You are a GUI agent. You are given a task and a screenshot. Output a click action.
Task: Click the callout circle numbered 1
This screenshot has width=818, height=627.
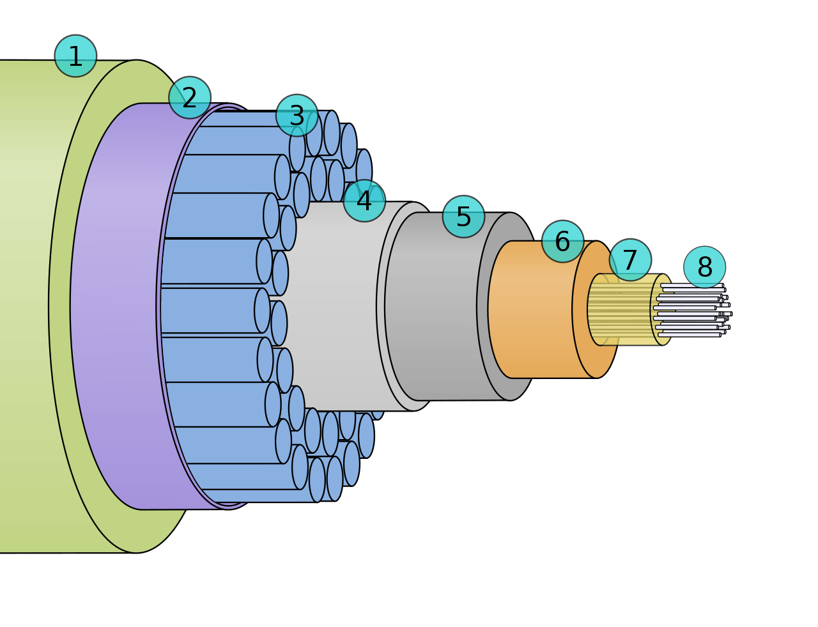pyautogui.click(x=75, y=56)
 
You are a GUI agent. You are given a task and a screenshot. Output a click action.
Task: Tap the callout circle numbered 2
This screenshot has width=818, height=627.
pyautogui.click(x=190, y=98)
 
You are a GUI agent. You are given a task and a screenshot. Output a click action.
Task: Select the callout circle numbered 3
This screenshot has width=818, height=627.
pyautogui.click(x=297, y=116)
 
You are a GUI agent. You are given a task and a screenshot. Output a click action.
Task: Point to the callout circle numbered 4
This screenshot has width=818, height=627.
pyautogui.click(x=364, y=201)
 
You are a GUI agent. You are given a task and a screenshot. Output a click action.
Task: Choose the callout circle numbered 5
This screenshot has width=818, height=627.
pyautogui.click(x=464, y=217)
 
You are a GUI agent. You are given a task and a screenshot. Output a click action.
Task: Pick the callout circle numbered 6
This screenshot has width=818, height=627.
pyautogui.click(x=563, y=241)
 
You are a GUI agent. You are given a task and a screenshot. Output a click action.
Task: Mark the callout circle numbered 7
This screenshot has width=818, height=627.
pyautogui.click(x=630, y=259)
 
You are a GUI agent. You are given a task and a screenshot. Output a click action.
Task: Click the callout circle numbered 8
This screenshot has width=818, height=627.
pyautogui.click(x=705, y=267)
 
